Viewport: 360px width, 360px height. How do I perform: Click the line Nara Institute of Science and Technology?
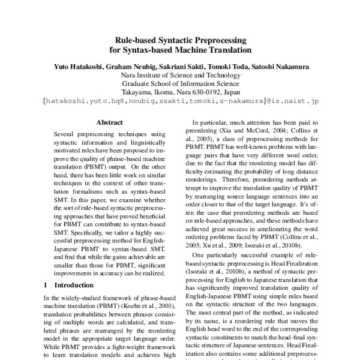[x=180, y=76]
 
